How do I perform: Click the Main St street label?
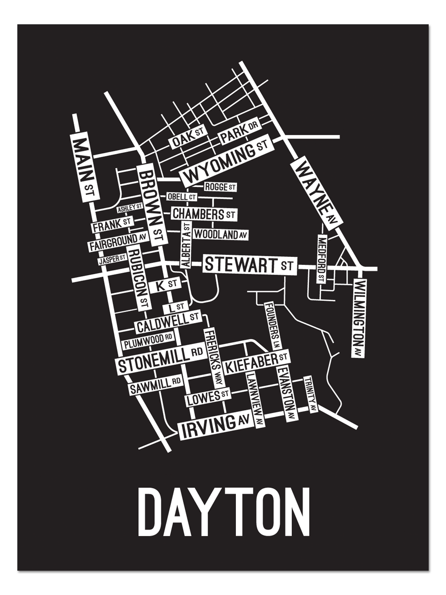click(84, 167)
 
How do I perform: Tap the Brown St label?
click(151, 206)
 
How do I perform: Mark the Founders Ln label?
click(273, 325)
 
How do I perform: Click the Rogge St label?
click(221, 187)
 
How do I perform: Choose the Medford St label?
click(322, 259)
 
